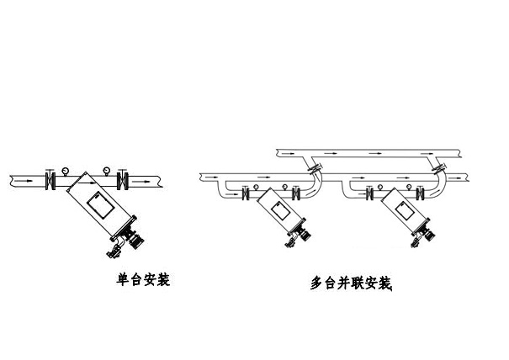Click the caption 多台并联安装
(x=351, y=283)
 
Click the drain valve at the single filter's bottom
(x=112, y=248)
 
